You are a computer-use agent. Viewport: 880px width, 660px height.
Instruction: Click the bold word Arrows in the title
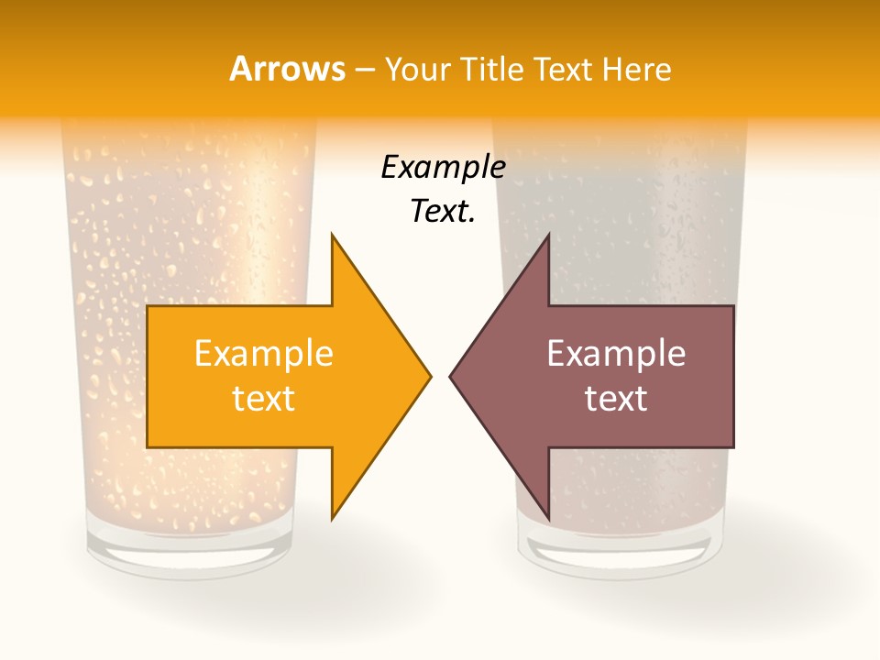(287, 69)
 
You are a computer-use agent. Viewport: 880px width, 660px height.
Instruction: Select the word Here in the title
(637, 69)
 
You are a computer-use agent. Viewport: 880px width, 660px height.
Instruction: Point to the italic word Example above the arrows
(443, 167)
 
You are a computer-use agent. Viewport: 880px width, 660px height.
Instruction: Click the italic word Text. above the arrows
(443, 211)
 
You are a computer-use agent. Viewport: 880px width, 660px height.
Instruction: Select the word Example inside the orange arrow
(264, 354)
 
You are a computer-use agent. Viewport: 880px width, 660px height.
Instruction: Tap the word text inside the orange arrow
(264, 398)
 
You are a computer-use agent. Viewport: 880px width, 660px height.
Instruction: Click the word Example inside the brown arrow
(616, 354)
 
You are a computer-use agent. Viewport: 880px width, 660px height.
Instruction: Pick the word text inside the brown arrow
(616, 398)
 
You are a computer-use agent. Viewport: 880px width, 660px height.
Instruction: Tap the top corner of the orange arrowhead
(333, 236)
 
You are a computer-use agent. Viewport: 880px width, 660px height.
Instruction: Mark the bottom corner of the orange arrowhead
(333, 518)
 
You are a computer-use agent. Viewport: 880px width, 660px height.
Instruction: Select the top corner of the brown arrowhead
(548, 236)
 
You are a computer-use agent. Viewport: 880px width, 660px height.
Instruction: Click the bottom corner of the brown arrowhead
(548, 518)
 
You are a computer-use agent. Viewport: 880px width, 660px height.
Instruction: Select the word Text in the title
(561, 69)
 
